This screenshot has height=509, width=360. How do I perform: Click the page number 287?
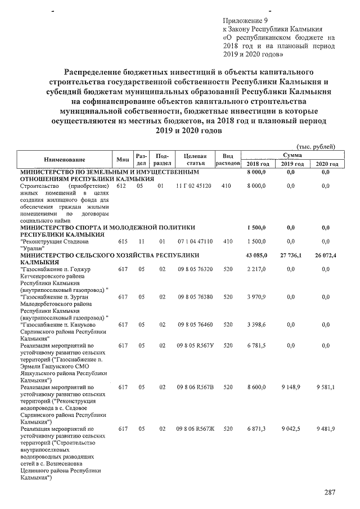click(330, 493)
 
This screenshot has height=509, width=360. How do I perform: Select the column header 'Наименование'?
click(64, 159)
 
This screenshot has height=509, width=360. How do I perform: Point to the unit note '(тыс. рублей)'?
click(317, 146)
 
